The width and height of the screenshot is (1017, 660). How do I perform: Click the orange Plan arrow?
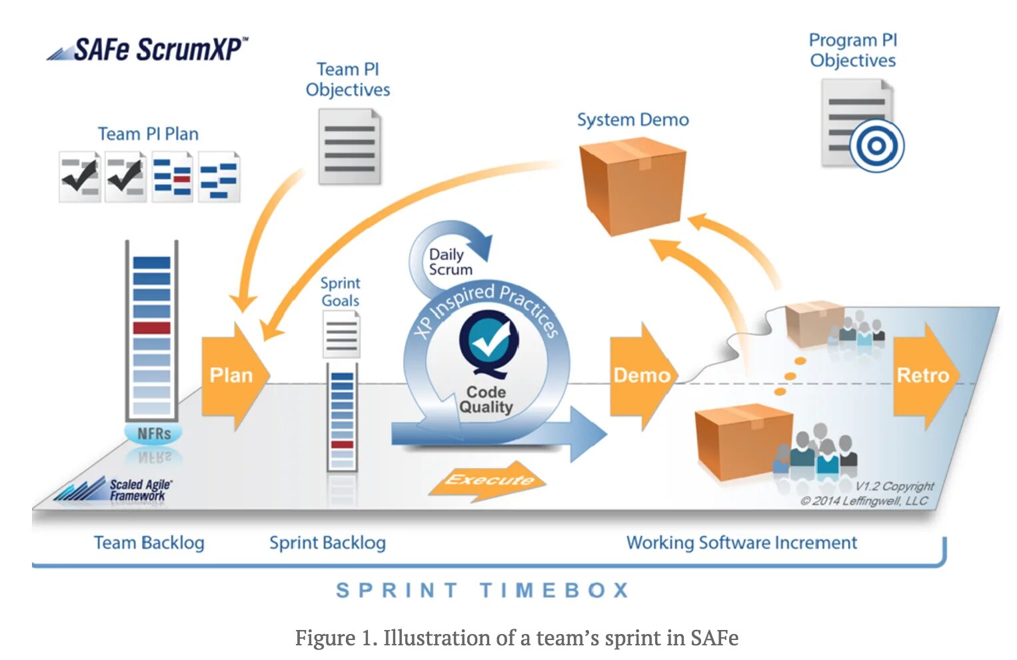(232, 375)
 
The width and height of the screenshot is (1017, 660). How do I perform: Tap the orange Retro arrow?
(924, 375)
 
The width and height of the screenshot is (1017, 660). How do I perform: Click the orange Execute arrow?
(489, 480)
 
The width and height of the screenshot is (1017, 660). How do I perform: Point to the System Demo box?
(632, 185)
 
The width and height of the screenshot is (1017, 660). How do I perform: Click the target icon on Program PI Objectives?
(876, 146)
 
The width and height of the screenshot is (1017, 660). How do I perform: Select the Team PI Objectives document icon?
(350, 147)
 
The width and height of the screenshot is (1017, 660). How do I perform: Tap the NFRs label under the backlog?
(154, 434)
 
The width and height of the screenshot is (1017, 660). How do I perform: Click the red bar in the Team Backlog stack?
(152, 328)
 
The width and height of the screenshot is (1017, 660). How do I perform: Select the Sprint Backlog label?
(327, 543)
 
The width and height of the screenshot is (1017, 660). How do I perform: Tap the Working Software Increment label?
(741, 543)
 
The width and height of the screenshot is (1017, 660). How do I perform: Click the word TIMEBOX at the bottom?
(554, 590)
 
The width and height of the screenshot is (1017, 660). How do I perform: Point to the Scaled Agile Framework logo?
(113, 490)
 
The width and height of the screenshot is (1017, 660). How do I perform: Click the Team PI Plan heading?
(148, 134)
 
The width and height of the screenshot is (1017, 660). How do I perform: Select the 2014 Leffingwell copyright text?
(865, 501)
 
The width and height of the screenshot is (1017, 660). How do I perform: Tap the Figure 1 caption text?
(516, 638)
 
